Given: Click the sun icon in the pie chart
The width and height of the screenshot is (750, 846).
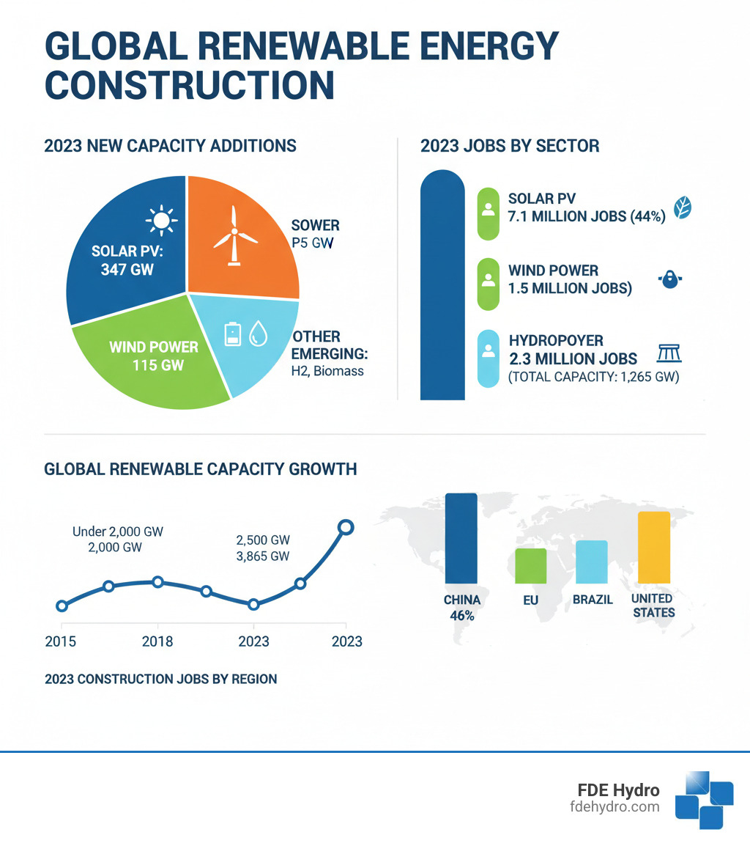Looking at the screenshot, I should [162, 220].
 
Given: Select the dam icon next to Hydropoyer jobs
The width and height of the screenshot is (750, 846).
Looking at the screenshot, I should [669, 353].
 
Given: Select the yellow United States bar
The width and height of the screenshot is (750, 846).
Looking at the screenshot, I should [654, 547].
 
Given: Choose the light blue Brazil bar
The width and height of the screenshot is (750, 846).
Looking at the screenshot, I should [591, 562].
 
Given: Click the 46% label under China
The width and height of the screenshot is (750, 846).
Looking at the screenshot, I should [462, 616].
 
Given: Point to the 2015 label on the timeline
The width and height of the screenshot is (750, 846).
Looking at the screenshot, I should [61, 641].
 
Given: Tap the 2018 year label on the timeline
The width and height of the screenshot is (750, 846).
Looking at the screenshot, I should [157, 641].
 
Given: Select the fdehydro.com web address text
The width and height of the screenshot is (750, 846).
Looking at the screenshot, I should [615, 807].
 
